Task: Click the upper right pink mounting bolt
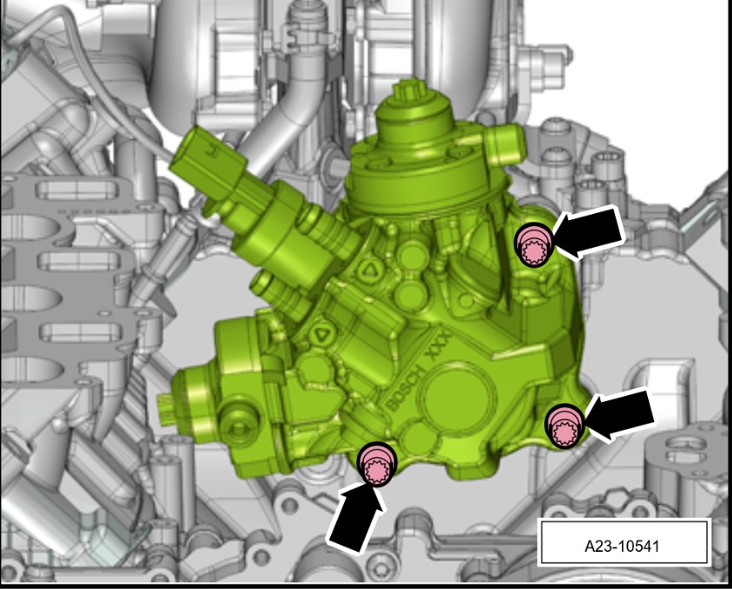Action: tap(534, 245)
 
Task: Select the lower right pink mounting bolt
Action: tap(565, 426)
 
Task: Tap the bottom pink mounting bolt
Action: tap(376, 464)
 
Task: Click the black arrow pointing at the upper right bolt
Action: tap(589, 231)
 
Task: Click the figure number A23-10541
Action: tap(622, 546)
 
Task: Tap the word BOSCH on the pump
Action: tap(405, 389)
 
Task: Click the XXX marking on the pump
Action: tap(439, 346)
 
